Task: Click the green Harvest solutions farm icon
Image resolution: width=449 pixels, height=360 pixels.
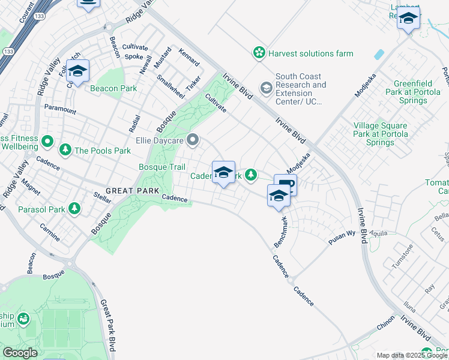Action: coord(259,53)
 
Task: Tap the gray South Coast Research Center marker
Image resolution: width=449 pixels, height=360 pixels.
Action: coord(265,89)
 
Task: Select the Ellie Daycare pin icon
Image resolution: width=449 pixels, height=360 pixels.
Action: coord(193,140)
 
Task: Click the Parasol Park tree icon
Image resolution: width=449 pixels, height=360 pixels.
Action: coord(74,209)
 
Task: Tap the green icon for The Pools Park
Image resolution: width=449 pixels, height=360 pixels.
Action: coord(65,150)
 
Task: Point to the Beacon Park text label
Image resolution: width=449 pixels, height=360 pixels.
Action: coord(113,89)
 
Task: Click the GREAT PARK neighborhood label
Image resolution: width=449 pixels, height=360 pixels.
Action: coord(136,191)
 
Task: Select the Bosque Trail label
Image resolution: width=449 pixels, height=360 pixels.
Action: coord(162,167)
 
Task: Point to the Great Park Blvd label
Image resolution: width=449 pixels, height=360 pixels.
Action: coord(108,325)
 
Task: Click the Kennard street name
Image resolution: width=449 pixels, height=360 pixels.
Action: coord(189,58)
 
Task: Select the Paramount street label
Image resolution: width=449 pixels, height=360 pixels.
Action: coord(60,111)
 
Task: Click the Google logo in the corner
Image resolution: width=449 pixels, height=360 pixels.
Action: coord(20,353)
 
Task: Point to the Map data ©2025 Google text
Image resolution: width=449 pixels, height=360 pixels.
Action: coord(412,355)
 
